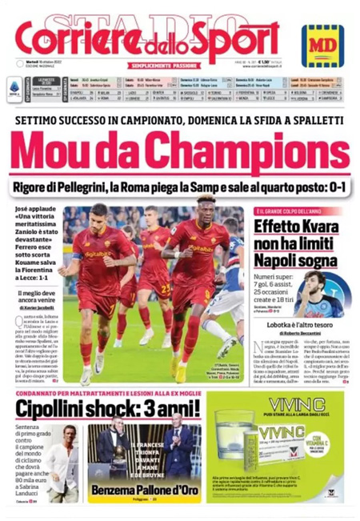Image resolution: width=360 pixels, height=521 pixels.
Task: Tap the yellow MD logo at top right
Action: (322, 45)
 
